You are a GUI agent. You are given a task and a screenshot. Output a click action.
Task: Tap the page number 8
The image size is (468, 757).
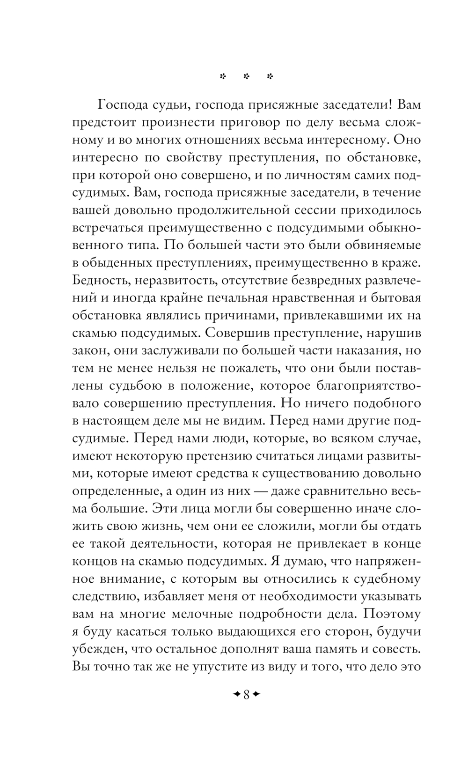coord(246,695)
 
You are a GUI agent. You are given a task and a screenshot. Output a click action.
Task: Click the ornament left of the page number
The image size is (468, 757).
coord(236,695)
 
